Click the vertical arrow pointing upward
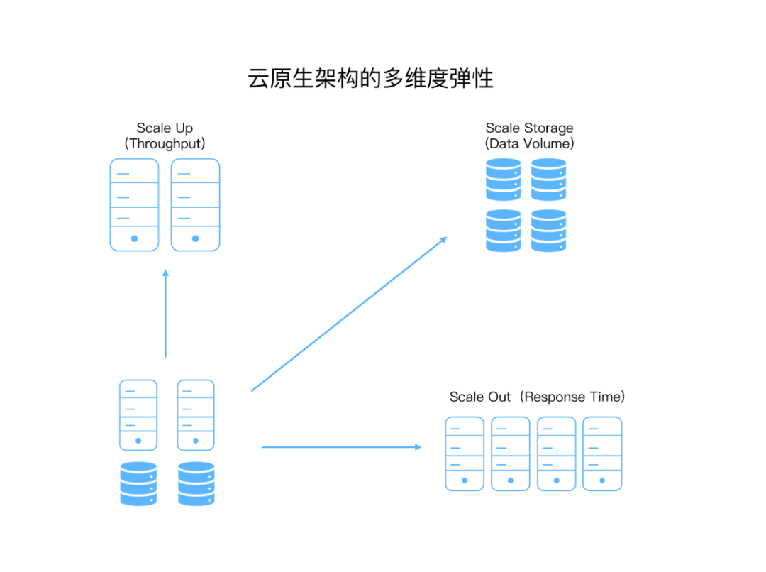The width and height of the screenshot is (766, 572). pyautogui.click(x=165, y=314)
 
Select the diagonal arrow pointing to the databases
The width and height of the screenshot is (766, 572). pyautogui.click(x=349, y=314)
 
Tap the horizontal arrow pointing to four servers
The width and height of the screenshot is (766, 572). pyautogui.click(x=340, y=446)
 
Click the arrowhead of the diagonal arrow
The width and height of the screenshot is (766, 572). pyautogui.click(x=444, y=239)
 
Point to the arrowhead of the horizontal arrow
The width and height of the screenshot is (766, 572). pyautogui.click(x=418, y=446)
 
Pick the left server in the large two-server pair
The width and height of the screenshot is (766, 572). pyautogui.click(x=134, y=204)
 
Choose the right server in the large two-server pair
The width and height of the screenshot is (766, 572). pyautogui.click(x=195, y=204)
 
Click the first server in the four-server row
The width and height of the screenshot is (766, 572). pyautogui.click(x=465, y=453)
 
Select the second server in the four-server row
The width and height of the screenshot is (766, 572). pyautogui.click(x=511, y=453)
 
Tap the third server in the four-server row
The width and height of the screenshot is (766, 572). pyautogui.click(x=556, y=453)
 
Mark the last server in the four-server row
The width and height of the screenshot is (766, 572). pyautogui.click(x=602, y=453)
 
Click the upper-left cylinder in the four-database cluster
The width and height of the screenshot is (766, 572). pyautogui.click(x=504, y=179)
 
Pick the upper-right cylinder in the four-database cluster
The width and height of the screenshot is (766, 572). pyautogui.click(x=549, y=179)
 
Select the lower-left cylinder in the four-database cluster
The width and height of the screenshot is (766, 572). pyautogui.click(x=504, y=230)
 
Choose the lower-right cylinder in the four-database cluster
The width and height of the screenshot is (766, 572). pyautogui.click(x=549, y=230)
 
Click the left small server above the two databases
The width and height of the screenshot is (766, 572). pyautogui.click(x=138, y=415)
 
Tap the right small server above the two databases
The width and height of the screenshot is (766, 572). pyautogui.click(x=196, y=415)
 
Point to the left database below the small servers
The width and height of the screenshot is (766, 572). pyautogui.click(x=138, y=484)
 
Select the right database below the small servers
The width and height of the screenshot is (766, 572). pyautogui.click(x=196, y=484)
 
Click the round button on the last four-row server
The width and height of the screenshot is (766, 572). pyautogui.click(x=602, y=480)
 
